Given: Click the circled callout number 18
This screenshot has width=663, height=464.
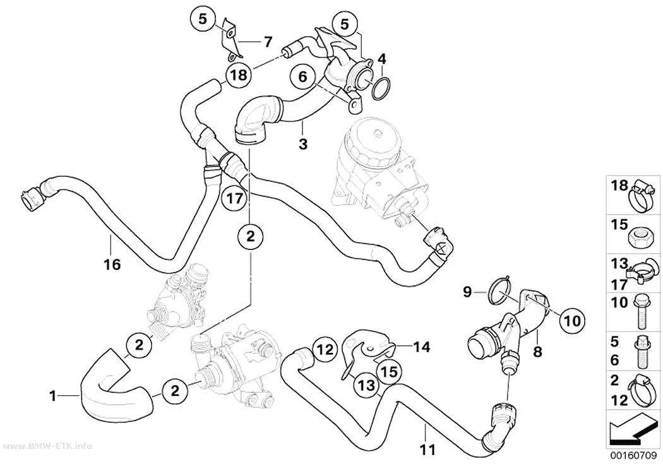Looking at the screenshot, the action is [238, 75].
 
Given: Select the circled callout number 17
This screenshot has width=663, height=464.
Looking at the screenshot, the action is [234, 198].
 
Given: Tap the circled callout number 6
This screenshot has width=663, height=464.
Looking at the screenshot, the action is [302, 77].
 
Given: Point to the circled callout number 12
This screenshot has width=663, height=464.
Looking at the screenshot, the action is [326, 350].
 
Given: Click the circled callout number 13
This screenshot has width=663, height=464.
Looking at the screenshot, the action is [366, 385].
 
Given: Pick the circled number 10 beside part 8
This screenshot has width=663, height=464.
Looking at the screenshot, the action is [573, 320].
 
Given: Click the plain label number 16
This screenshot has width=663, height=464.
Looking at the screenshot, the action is [112, 265].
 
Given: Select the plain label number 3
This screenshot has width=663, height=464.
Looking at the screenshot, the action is [303, 144].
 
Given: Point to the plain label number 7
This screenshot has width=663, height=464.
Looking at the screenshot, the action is [268, 42].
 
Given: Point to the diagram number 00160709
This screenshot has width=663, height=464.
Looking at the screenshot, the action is [633, 456].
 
